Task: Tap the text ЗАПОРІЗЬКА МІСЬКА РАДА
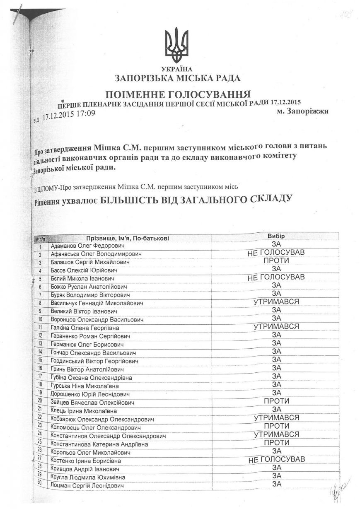178,77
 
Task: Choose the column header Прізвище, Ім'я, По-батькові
128,238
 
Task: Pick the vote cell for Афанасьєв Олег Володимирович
276,253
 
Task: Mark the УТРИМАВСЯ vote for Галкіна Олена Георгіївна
276,327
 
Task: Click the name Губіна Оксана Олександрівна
92,378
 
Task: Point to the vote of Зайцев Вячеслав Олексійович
276,401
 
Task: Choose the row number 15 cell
40,361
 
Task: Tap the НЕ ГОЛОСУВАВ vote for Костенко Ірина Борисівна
276,459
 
